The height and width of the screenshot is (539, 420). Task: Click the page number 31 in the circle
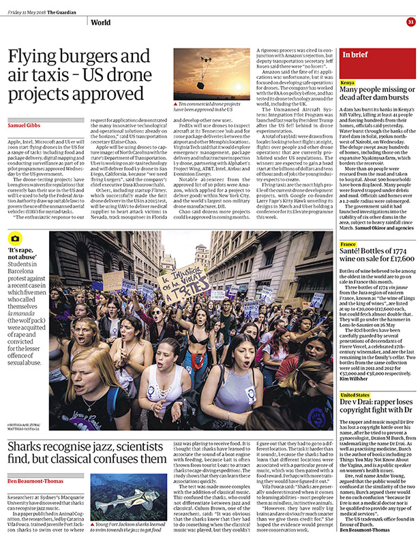pos(410,22)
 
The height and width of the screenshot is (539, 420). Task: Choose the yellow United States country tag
pos(356,414)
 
